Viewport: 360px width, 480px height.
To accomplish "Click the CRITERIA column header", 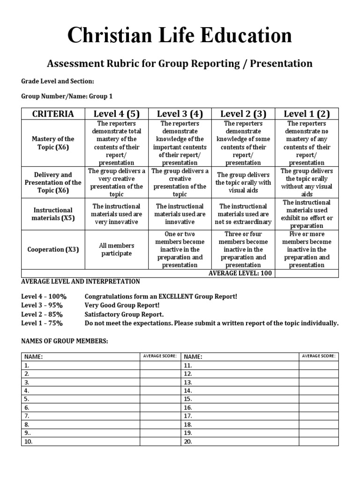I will (52, 113).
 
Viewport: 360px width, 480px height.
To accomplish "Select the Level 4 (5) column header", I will (117, 113).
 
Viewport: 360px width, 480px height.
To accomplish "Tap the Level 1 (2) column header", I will (307, 113).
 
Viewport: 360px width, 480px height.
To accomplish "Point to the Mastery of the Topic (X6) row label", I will (52, 143).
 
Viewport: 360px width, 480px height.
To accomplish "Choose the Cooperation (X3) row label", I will (52, 249).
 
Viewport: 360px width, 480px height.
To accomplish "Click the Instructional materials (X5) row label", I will (52, 214).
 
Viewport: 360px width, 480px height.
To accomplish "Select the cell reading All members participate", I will (117, 249).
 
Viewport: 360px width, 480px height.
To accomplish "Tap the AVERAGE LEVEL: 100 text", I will (240, 273).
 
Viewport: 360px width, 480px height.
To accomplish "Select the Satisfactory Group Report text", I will (124, 314).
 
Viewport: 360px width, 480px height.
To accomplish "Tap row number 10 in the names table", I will (29, 441).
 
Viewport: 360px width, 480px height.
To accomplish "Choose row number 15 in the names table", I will (188, 399).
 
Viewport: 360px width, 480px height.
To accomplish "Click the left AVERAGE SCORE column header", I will (160, 356).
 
